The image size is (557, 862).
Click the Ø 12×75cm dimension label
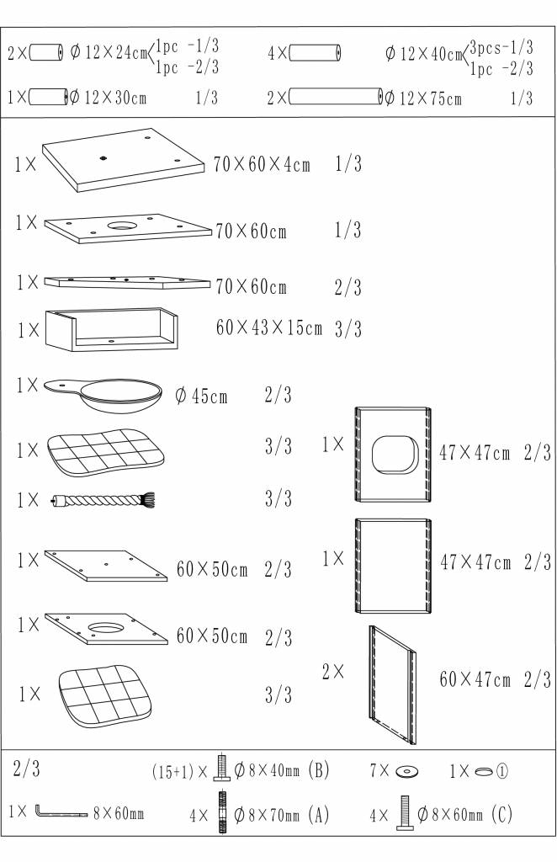[x=423, y=98]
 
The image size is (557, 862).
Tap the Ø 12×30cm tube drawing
[x=48, y=97]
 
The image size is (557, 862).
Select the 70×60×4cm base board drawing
[x=127, y=159]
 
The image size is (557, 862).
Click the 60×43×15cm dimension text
[x=268, y=327]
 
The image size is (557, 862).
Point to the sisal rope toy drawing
[x=103, y=500]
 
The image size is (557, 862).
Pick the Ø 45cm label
[x=201, y=396]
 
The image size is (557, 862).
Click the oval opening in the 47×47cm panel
[x=395, y=455]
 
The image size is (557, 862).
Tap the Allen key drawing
[x=61, y=812]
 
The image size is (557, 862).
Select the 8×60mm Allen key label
[x=118, y=812]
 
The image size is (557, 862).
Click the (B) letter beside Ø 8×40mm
[x=319, y=769]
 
